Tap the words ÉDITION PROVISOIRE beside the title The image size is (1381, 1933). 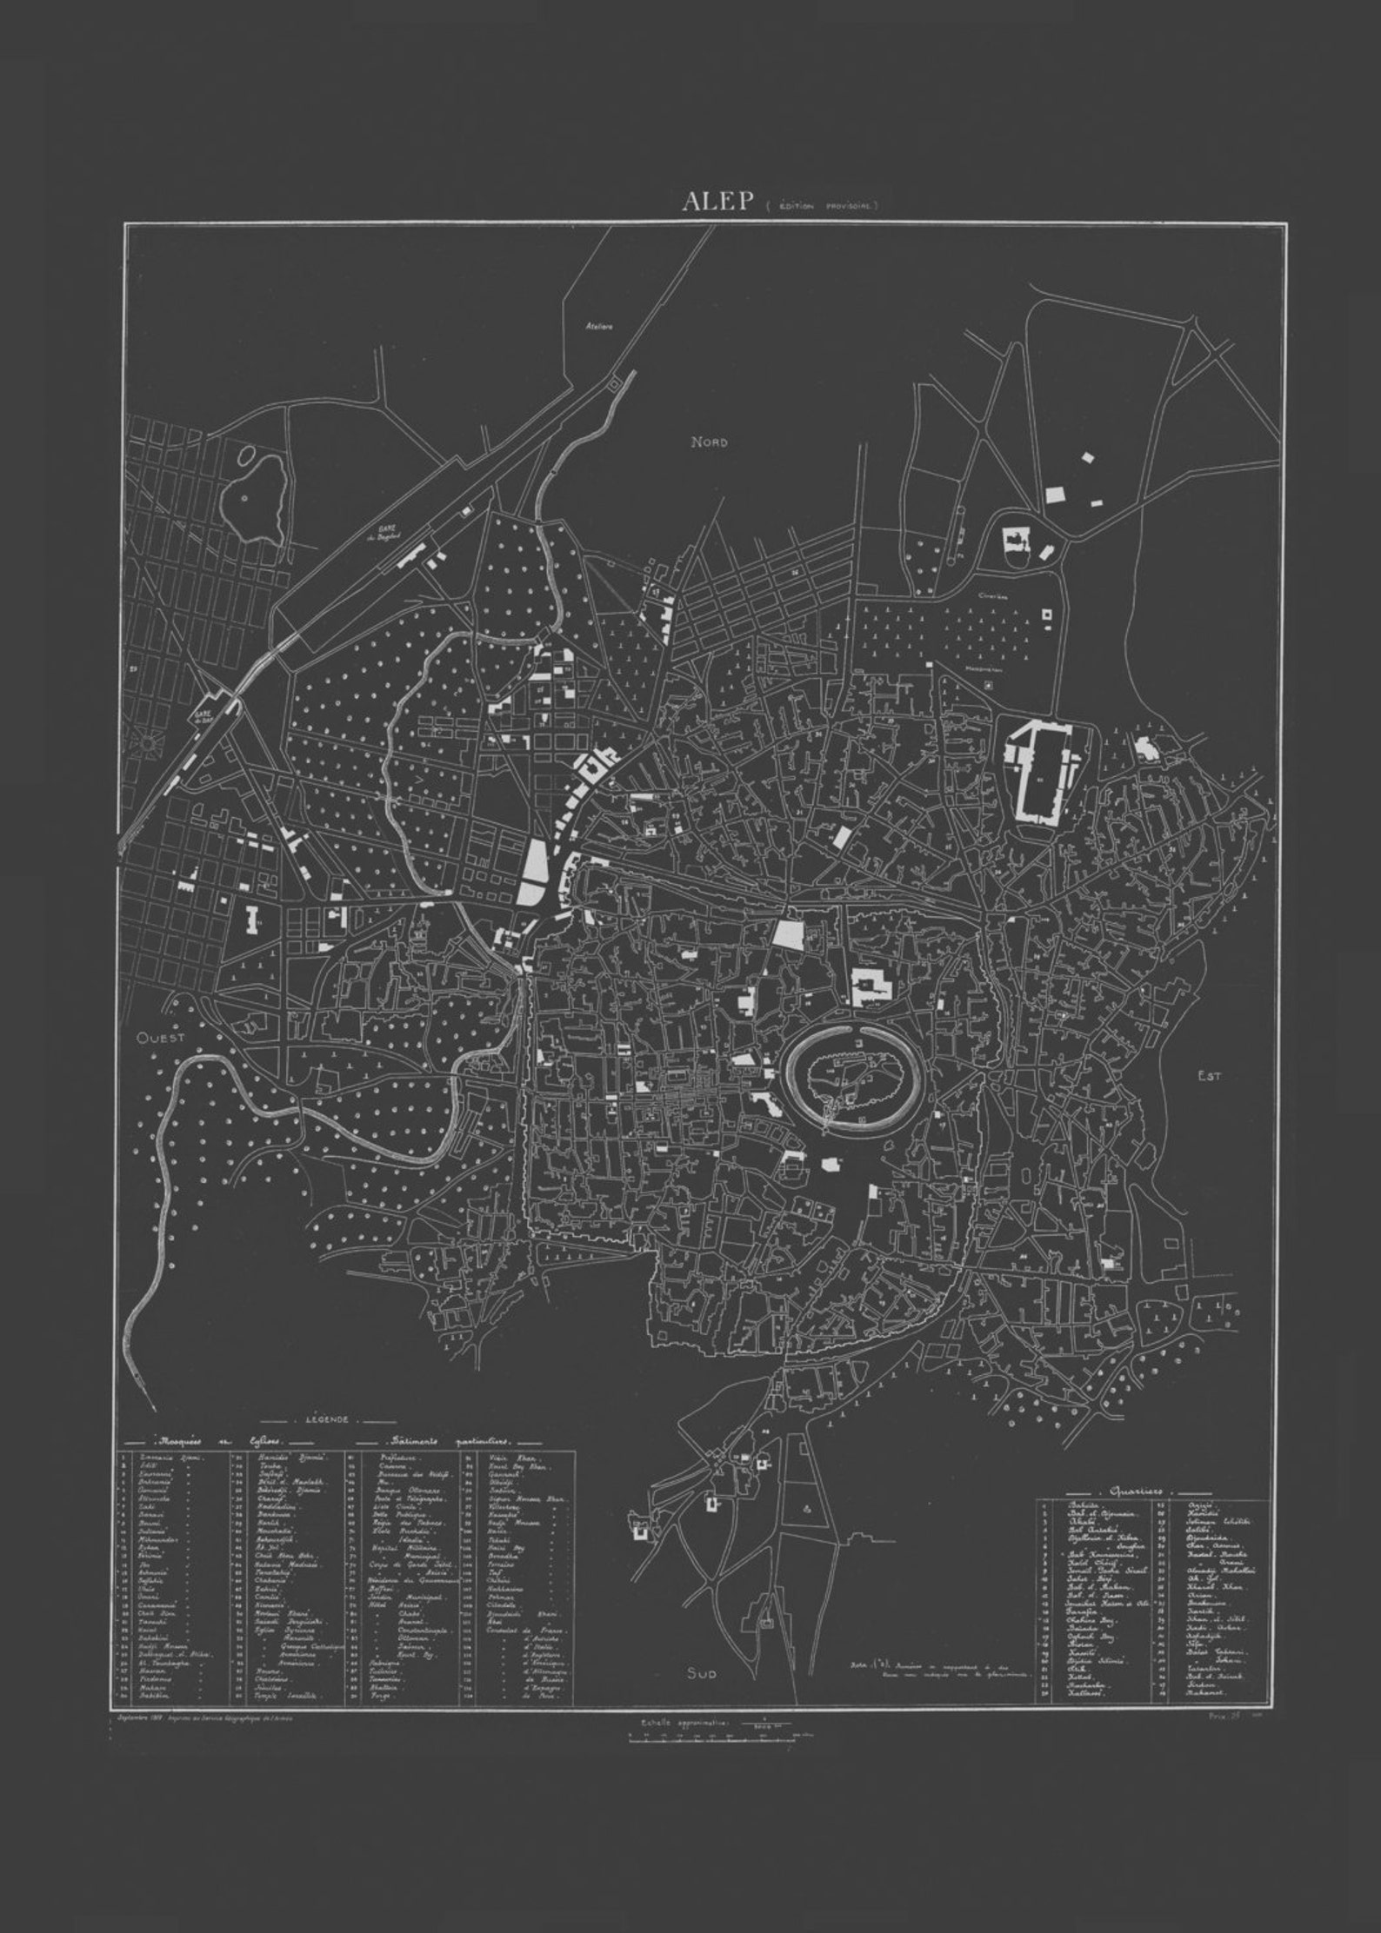click(824, 207)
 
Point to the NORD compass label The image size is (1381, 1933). click(709, 442)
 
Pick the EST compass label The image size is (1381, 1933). click(1209, 1076)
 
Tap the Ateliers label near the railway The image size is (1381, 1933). click(599, 327)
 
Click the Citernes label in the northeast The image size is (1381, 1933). click(991, 598)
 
